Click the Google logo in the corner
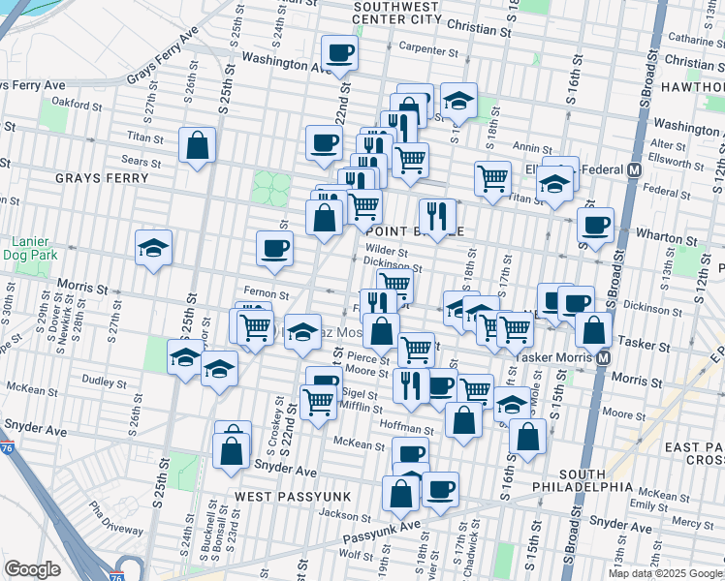point(32,569)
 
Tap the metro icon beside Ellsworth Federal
point(635,169)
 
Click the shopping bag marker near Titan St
point(198,147)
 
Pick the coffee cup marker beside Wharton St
point(595,226)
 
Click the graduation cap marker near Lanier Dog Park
point(153,249)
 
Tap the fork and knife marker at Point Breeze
point(436,217)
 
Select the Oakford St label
point(78,100)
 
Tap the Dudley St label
point(99,381)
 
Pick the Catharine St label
point(690,40)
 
